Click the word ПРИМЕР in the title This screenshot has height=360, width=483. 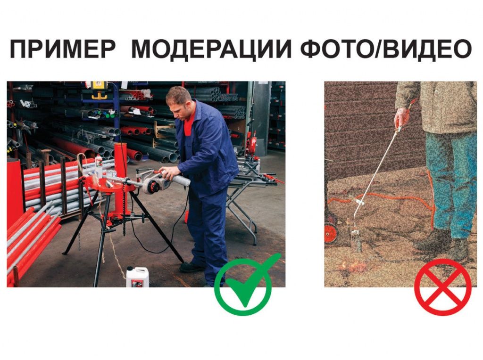tap(62, 49)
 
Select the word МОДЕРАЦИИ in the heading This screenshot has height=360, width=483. tap(211, 49)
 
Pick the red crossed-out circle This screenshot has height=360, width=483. tap(442, 287)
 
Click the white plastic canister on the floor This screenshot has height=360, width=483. tap(137, 277)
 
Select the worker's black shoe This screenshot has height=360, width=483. tap(192, 267)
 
